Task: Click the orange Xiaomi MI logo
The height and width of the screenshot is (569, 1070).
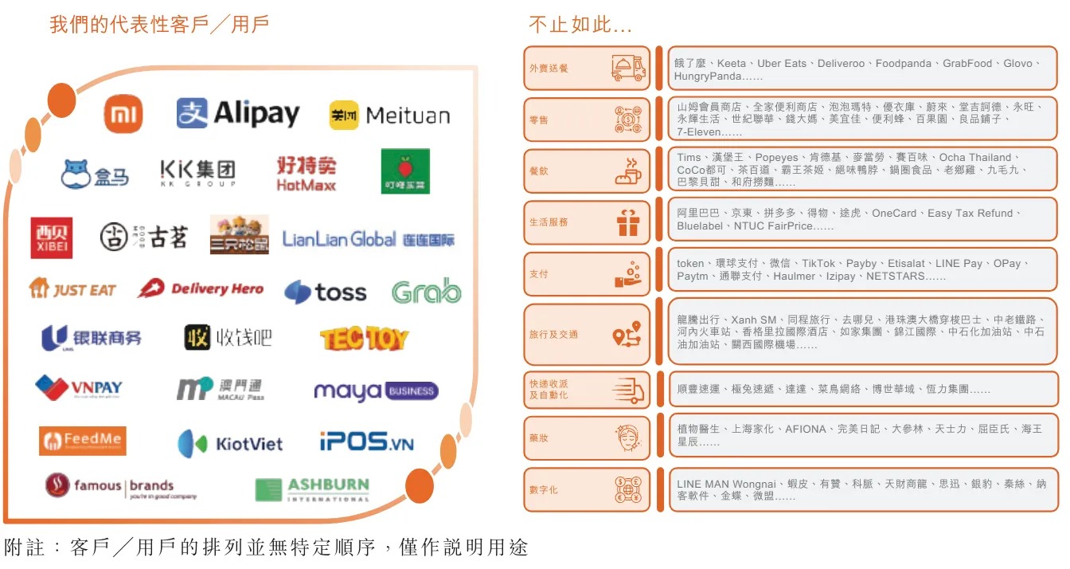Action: pyautogui.click(x=123, y=114)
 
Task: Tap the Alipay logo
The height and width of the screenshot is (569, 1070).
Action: pyautogui.click(x=237, y=113)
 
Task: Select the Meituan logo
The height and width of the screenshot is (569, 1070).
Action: pyautogui.click(x=389, y=116)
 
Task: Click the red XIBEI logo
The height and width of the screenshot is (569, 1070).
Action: pyautogui.click(x=52, y=237)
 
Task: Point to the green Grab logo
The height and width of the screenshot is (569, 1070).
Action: pyautogui.click(x=426, y=292)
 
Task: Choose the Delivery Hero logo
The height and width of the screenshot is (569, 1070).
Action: pyautogui.click(x=200, y=289)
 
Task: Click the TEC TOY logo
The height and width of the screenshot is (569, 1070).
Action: pyautogui.click(x=364, y=339)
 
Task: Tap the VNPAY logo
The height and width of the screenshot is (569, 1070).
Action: pyautogui.click(x=79, y=388)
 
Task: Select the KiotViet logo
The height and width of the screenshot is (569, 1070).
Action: pyautogui.click(x=230, y=443)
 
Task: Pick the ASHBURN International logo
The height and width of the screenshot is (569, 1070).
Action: pyautogui.click(x=312, y=489)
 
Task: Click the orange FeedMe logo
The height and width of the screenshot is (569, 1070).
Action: pyautogui.click(x=82, y=441)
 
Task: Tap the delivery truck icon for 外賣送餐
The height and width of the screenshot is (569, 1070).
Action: pyautogui.click(x=628, y=69)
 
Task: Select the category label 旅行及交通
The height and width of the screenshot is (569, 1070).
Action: pyautogui.click(x=553, y=335)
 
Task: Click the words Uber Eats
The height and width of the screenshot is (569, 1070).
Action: pyautogui.click(x=781, y=64)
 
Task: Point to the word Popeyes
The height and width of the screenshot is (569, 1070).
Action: pyautogui.click(x=778, y=158)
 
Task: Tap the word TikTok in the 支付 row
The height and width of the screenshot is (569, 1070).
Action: pyautogui.click(x=818, y=264)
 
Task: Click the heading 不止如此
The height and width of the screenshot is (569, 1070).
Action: pyautogui.click(x=580, y=26)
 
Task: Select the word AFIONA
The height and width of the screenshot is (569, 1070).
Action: pyautogui.click(x=805, y=430)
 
